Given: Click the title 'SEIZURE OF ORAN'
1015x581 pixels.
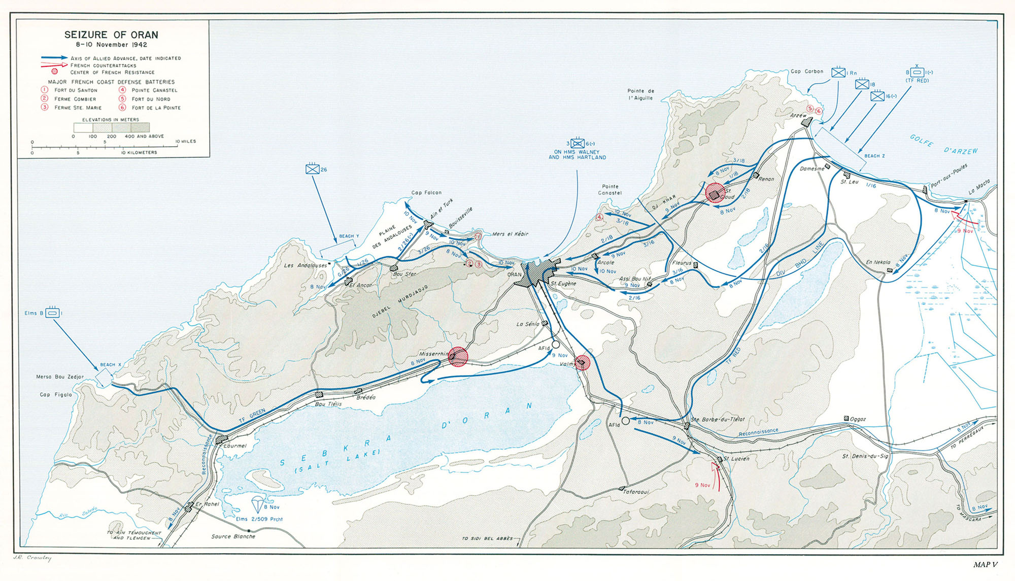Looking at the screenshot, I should tap(111, 35).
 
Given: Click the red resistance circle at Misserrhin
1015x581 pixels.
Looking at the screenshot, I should tap(458, 357).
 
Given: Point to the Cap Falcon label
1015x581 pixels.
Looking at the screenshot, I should tap(426, 193).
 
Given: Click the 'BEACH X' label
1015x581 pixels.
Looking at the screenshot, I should tap(111, 365).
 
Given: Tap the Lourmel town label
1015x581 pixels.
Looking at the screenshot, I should tap(235, 446).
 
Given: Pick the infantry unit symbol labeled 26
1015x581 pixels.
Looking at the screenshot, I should tap(312, 169).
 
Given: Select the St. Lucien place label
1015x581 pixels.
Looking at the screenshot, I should tap(736, 459).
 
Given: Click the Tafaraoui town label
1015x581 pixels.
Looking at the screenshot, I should tap(636, 492).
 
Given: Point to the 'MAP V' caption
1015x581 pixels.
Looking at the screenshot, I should tap(985, 564).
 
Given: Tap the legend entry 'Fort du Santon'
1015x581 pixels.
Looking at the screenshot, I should tap(76, 90).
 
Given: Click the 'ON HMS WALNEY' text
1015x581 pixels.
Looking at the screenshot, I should tap(577, 152).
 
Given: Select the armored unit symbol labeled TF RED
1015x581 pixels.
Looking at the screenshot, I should tap(917, 73).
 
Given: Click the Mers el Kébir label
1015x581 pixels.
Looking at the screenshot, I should tap(510, 234).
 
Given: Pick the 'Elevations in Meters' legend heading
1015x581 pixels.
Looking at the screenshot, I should tap(110, 120).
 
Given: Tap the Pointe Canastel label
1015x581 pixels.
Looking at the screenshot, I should tap(610, 189).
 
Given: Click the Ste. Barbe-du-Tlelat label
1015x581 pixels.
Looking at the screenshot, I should tap(718, 419).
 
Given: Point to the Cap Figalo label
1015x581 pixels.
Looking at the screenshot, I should tap(56, 394).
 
